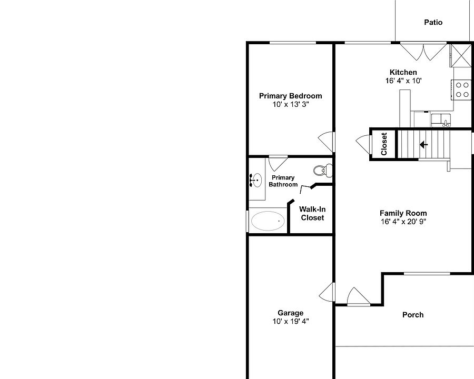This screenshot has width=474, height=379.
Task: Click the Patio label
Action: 433,23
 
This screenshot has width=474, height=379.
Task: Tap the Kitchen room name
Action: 403,73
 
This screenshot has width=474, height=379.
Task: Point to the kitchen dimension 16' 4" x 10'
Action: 403,81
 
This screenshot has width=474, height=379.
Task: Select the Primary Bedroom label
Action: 290,96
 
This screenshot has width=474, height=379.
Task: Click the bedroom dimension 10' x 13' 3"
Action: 290,104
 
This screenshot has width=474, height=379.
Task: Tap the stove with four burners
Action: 462,89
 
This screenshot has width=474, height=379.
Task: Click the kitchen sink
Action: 441,121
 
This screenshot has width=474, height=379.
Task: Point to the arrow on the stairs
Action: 423,144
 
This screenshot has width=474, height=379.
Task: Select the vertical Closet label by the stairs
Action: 384,144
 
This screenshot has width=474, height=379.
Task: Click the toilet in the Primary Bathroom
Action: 322,170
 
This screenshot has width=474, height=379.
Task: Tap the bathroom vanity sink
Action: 255,181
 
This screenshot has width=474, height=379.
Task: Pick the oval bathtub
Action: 268,221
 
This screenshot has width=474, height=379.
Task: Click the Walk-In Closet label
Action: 312,213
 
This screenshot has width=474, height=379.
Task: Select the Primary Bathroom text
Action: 283,181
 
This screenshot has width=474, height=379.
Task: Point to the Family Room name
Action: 403,213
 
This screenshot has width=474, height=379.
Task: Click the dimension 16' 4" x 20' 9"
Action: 403,222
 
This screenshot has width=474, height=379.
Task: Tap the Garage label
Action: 290,313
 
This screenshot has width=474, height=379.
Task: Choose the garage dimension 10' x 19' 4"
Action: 290,321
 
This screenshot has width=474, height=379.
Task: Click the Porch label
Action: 413,315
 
